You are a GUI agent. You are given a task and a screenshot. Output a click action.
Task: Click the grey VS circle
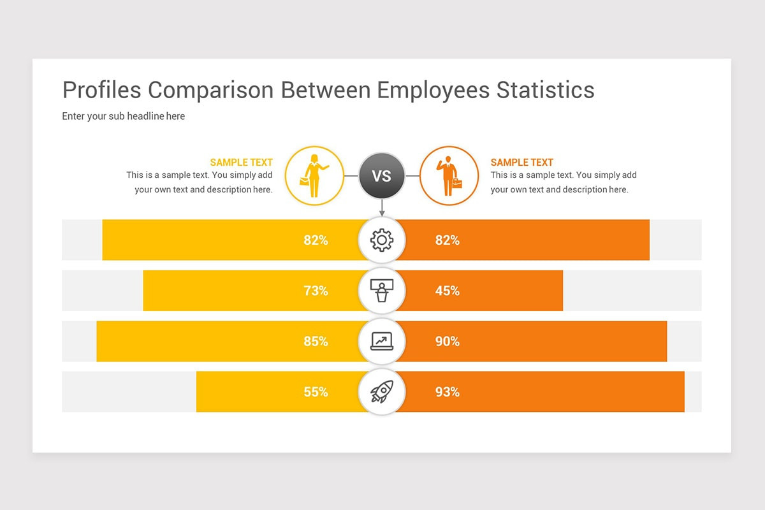click(x=382, y=175)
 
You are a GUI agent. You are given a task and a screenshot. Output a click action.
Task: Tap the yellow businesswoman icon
click(x=314, y=176)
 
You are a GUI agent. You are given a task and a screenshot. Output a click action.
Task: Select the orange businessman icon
click(x=449, y=176)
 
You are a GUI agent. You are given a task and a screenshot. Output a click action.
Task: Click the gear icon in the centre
click(x=382, y=240)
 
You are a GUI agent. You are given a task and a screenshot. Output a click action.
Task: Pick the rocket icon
click(x=382, y=391)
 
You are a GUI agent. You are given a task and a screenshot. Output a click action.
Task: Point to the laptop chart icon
click(x=382, y=341)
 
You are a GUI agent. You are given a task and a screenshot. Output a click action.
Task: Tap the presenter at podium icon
click(x=382, y=290)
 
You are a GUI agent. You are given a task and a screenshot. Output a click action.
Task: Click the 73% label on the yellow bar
click(x=316, y=291)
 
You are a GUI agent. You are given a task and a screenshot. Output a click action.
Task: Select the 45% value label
click(x=447, y=291)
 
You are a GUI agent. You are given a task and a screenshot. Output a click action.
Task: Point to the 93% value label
click(x=447, y=392)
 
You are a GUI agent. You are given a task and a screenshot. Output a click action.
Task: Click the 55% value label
click(x=316, y=392)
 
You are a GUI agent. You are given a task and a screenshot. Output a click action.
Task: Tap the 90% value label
click(x=447, y=341)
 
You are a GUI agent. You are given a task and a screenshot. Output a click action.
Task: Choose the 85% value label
click(x=316, y=341)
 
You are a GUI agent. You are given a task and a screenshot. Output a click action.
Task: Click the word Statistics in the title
click(x=545, y=90)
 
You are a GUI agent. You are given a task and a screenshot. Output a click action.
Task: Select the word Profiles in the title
click(x=102, y=90)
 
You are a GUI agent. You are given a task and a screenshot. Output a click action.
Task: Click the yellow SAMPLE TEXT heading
click(x=241, y=163)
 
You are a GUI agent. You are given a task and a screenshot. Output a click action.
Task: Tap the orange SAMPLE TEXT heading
click(x=522, y=163)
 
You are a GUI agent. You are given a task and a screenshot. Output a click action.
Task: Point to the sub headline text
click(x=123, y=116)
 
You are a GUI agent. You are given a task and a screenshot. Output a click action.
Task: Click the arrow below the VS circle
click(x=382, y=208)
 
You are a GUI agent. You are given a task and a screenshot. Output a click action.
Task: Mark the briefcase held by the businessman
click(x=456, y=184)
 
